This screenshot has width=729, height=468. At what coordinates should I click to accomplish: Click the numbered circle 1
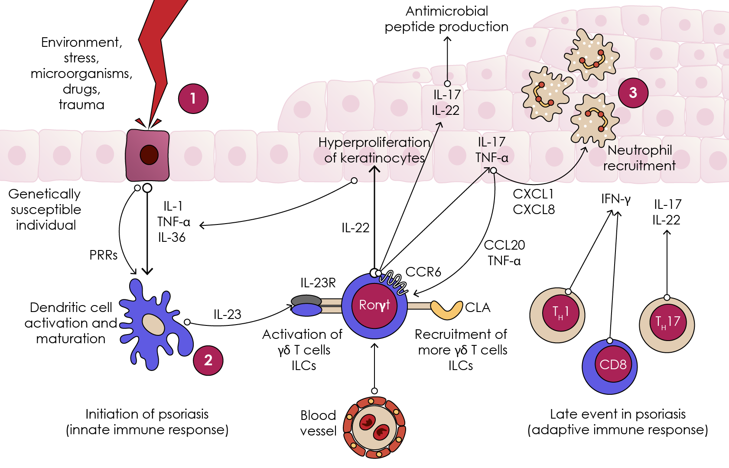193,98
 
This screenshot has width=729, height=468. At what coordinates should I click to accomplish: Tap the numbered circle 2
208,360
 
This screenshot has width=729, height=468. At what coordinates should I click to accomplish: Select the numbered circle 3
633,92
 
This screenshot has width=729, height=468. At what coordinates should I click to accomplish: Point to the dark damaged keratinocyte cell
147,155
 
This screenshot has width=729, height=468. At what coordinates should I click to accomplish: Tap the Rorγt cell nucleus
374,305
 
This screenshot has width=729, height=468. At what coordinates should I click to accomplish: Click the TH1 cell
558,315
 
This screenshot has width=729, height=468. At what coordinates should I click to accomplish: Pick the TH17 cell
667,323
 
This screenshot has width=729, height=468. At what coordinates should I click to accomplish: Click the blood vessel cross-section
374,427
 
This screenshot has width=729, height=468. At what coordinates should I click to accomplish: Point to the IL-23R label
318,283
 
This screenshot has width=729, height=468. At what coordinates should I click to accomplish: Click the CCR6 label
423,272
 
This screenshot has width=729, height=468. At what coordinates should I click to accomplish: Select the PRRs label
103,255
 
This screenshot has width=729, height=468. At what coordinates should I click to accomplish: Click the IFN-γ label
615,199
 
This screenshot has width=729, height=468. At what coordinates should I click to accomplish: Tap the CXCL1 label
533,194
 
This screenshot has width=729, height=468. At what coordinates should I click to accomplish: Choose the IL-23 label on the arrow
227,314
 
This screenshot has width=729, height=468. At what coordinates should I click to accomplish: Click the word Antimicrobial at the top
446,11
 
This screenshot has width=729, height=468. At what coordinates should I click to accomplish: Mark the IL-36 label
172,237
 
